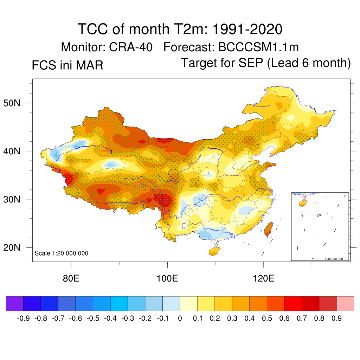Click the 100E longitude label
[x=167, y=279]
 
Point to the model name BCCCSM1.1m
[x=259, y=47]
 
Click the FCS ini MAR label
[x=67, y=65]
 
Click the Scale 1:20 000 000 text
[x=62, y=253]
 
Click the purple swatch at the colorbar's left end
[x=14, y=304]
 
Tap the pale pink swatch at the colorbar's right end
[x=345, y=304]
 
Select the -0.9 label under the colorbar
[x=23, y=319]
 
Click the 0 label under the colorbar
[x=180, y=319]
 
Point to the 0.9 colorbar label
[x=337, y=319]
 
